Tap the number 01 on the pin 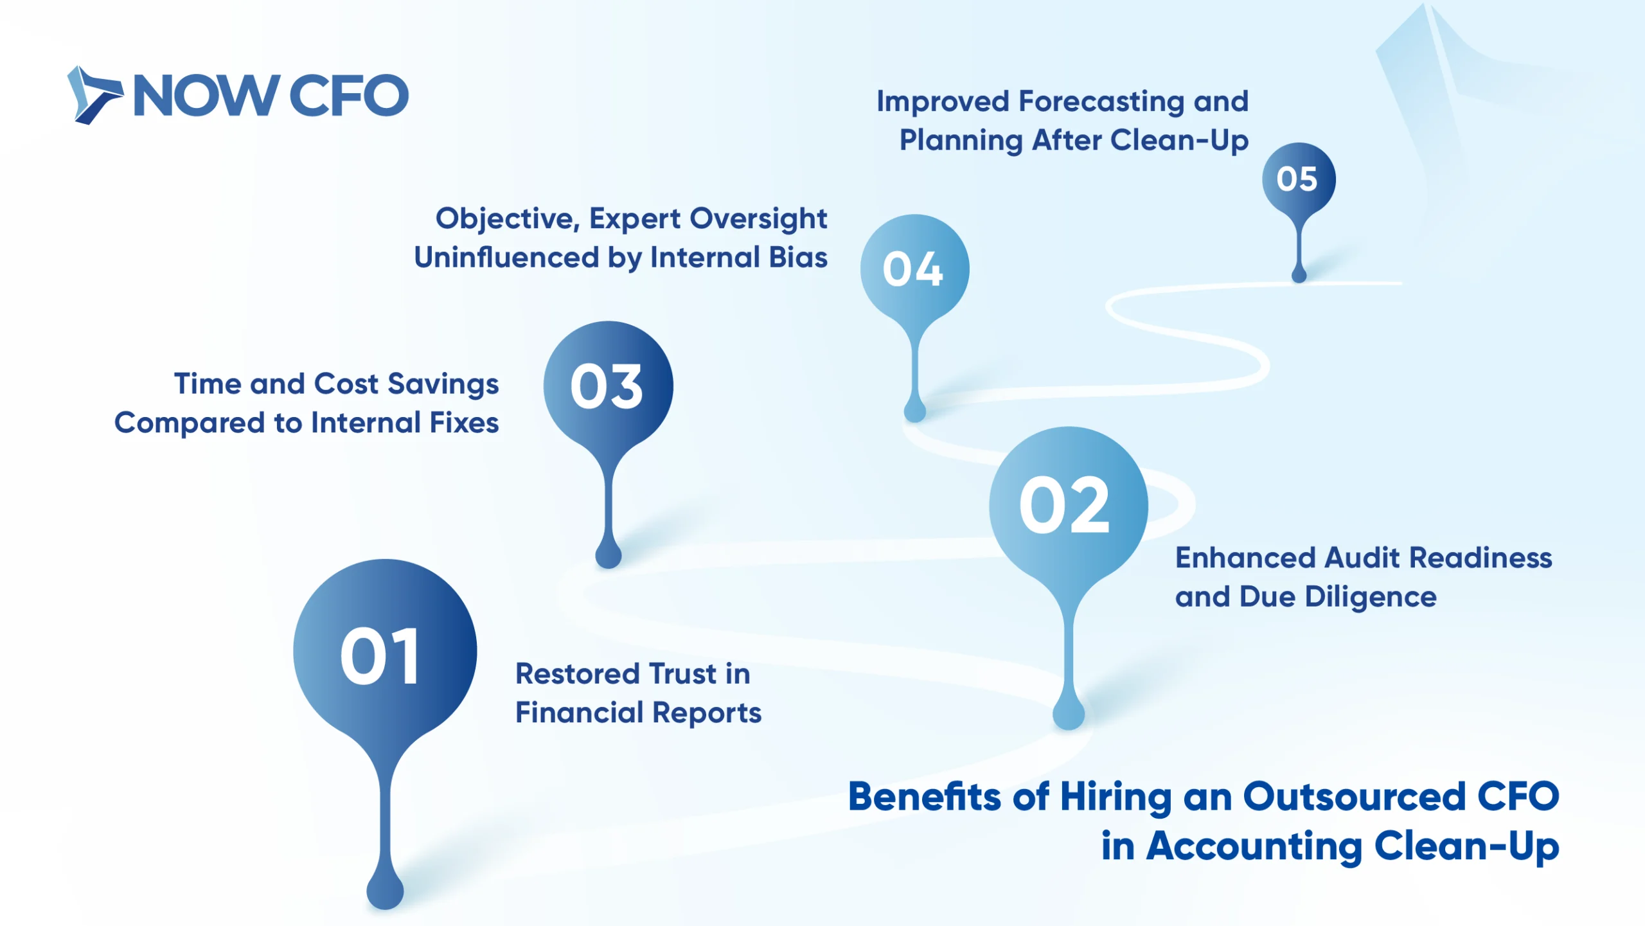[380, 656]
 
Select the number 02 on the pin [1064, 506]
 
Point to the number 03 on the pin [606, 386]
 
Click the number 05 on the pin [1297, 179]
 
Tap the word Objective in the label [508, 219]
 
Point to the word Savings [443, 385]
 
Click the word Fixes [464, 423]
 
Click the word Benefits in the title [925, 797]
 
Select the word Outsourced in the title [1355, 797]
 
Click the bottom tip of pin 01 [385, 908]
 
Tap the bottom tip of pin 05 [1299, 281]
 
